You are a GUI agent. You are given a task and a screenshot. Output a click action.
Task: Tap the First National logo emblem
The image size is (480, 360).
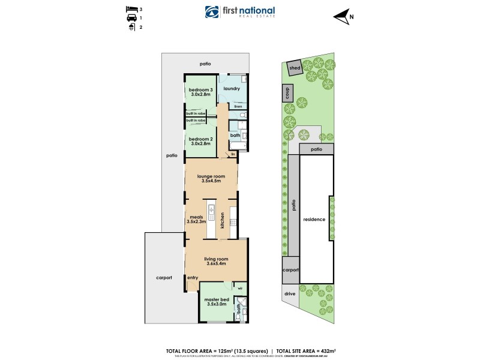(211, 13)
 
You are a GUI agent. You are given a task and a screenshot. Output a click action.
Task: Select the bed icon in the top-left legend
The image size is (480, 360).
(130, 10)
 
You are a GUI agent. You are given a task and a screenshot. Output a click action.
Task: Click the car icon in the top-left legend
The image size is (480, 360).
(130, 19)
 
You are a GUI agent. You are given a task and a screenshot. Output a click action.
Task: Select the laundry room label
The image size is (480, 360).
(232, 89)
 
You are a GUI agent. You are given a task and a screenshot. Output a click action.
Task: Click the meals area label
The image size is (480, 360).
(196, 217)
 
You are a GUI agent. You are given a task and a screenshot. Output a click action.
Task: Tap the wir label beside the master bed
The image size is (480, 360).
(239, 288)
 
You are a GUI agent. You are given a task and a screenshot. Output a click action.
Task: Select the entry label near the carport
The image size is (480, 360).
(193, 278)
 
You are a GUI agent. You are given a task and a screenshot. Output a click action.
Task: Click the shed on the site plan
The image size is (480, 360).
(295, 68)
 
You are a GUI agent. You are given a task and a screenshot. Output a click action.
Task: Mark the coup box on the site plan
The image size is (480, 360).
(287, 93)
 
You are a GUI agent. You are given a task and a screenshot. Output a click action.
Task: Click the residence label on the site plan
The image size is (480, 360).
(314, 219)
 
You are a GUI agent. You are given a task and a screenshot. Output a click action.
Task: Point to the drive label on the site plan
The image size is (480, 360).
(290, 294)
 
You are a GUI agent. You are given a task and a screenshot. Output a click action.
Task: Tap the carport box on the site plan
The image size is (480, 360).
(290, 271)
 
